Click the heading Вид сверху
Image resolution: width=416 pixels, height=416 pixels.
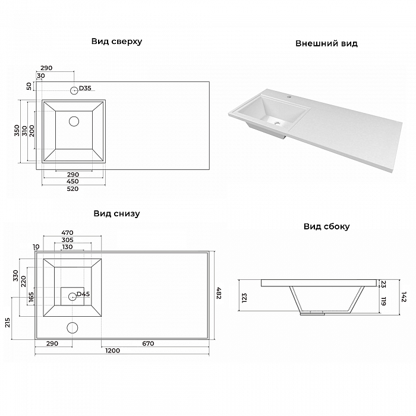116,42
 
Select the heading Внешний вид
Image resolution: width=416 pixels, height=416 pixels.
326,43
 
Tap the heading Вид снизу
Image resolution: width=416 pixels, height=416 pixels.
116,214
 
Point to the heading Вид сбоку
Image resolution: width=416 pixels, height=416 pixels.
327,226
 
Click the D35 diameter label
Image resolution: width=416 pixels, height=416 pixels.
85,88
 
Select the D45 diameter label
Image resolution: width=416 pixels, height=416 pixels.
83,294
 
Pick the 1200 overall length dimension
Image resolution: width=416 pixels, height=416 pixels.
113,351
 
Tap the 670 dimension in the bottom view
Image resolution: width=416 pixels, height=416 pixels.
148,343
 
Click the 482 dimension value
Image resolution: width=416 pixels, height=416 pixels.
219,293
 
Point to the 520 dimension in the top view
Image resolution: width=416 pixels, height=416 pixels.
73,188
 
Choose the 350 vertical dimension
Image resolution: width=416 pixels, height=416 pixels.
17,131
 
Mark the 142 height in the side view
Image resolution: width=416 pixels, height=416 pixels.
404,297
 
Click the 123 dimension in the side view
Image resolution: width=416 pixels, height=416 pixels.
244,298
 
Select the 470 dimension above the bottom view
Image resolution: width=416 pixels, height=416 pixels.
67,233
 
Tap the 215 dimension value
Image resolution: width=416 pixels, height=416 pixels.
7,323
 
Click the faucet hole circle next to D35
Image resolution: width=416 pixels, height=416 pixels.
74,91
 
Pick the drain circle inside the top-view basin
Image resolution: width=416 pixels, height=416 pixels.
74,121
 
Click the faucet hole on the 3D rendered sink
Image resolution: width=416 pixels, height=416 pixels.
288,97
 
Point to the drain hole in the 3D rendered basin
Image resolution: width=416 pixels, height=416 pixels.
278,123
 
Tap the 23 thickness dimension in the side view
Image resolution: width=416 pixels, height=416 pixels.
383,284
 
